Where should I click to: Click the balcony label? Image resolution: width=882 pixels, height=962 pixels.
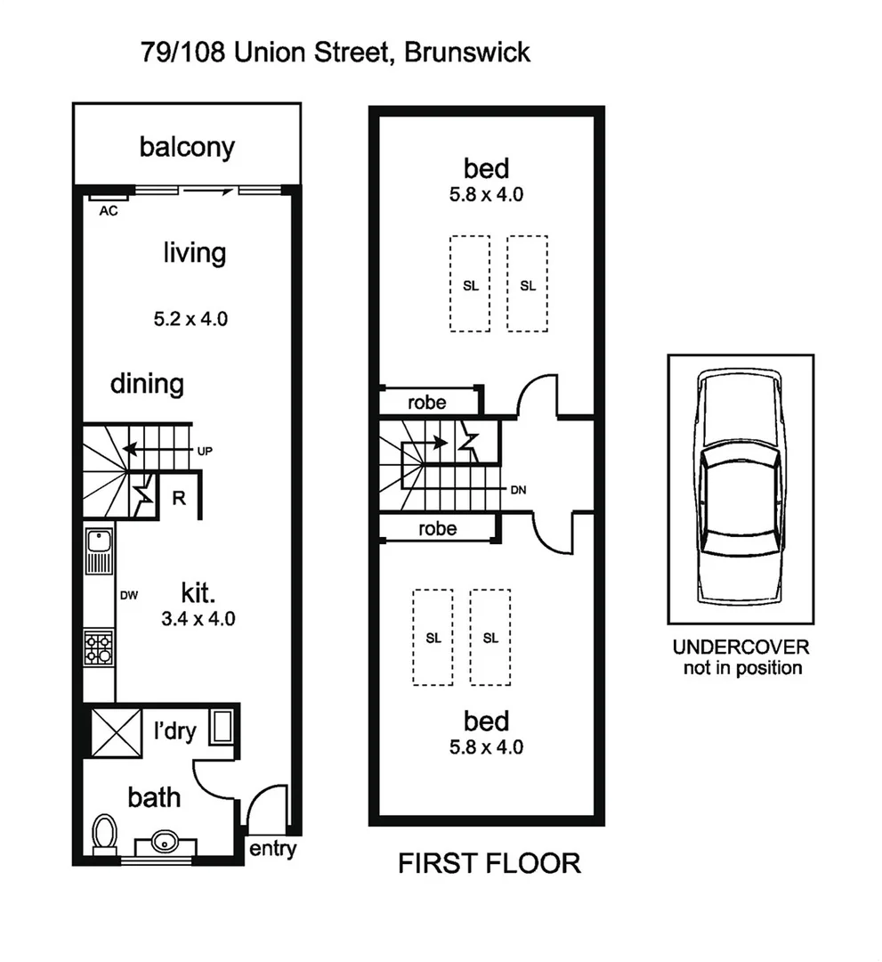click(187, 147)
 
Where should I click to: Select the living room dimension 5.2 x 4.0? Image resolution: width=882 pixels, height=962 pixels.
click(190, 318)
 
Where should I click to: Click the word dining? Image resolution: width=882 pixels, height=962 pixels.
click(147, 384)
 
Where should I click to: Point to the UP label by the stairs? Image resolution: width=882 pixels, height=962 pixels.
click(205, 451)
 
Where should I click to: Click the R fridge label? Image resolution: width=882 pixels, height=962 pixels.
click(178, 498)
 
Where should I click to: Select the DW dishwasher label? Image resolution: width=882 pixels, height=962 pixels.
click(127, 596)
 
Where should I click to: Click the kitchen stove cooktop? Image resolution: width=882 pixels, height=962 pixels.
click(99, 646)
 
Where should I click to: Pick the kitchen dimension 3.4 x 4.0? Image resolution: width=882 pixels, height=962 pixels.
click(198, 619)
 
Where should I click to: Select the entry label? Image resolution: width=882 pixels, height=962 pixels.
click(272, 849)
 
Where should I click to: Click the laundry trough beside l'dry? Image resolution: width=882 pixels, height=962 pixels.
click(221, 725)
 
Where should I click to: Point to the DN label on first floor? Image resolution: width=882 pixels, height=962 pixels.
click(520, 491)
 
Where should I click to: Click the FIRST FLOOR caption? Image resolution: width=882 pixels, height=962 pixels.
click(489, 863)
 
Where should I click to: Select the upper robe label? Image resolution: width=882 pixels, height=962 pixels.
click(426, 402)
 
